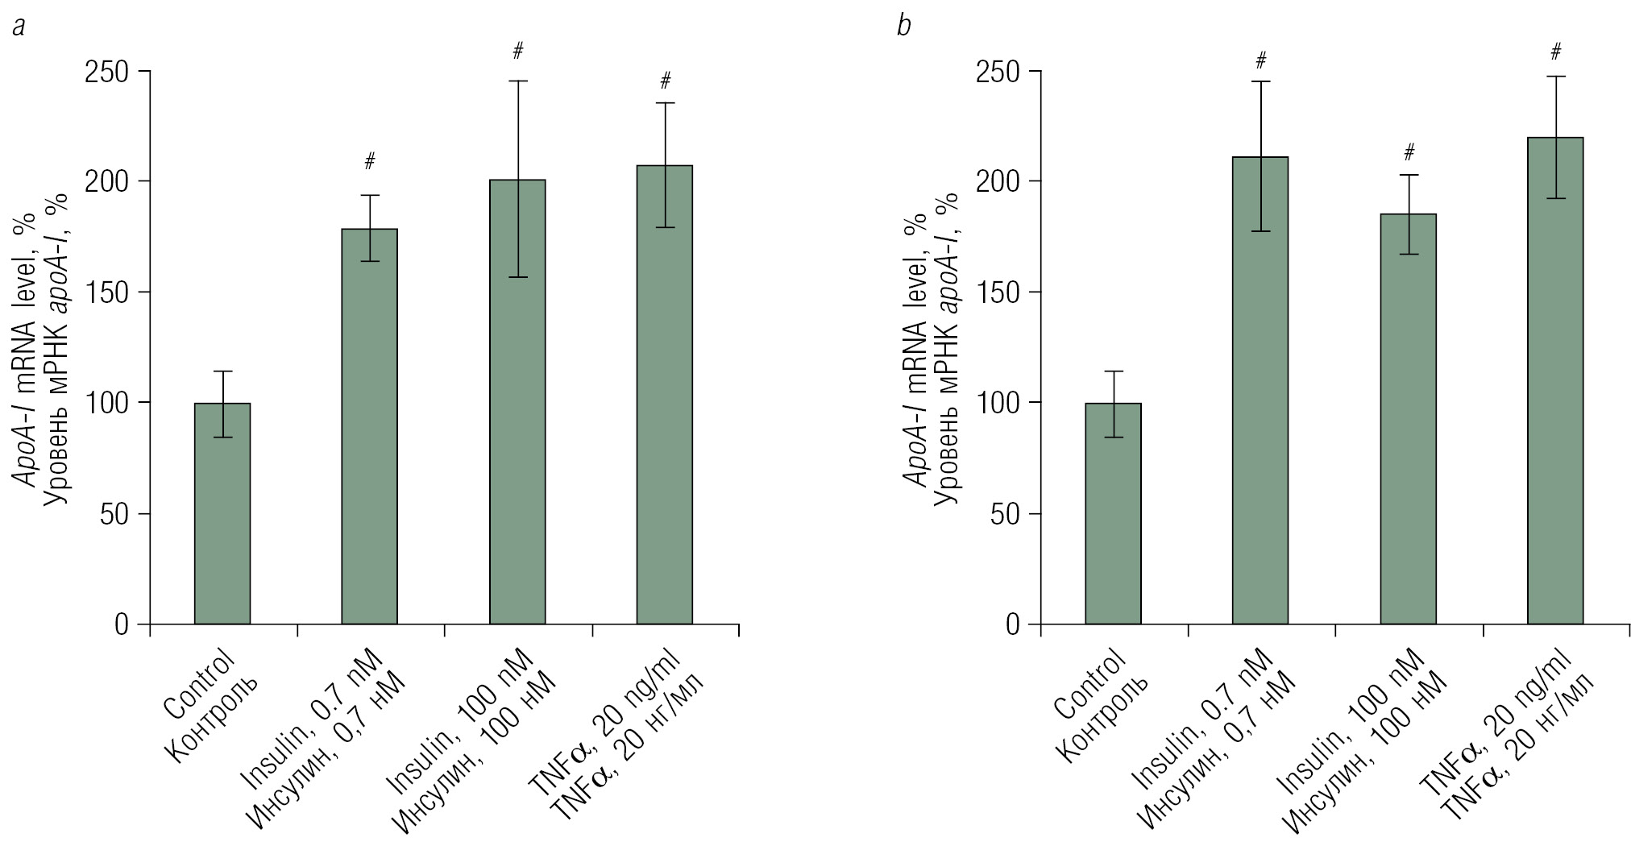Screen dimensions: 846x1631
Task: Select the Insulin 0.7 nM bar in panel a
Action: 370,426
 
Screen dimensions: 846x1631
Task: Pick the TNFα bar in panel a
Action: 665,395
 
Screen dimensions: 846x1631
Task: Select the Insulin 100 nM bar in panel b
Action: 1408,419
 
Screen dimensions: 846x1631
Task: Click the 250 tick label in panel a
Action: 109,72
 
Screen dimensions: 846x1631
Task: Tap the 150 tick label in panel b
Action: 999,292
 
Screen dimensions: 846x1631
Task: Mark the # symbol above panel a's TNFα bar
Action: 665,81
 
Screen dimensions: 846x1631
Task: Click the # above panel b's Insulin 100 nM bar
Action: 1409,152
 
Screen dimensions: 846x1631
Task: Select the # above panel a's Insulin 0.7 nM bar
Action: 370,161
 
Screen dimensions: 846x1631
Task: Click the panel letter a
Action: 19,27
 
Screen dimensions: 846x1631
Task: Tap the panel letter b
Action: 904,27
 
